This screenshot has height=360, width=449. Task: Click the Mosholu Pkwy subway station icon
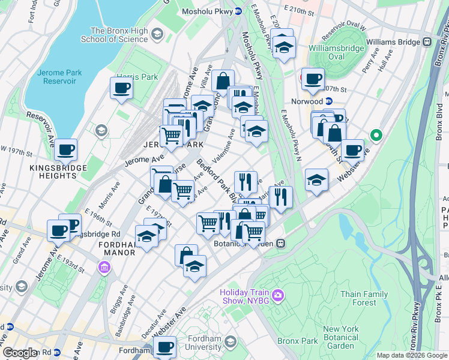pyautogui.click(x=238, y=11)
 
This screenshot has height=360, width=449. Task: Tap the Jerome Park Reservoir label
pyautogui.click(x=58, y=77)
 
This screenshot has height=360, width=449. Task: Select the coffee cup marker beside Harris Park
pyautogui.click(x=121, y=88)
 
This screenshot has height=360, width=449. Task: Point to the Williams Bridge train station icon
pyautogui.click(x=427, y=41)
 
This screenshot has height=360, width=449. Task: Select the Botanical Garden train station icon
pyautogui.click(x=280, y=244)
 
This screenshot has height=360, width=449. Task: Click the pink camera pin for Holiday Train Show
pyautogui.click(x=277, y=295)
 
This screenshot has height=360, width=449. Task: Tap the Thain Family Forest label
pyautogui.click(x=366, y=298)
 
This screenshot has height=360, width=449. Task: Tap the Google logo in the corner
pyautogui.click(x=20, y=353)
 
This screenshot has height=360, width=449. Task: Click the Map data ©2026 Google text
pyautogui.click(x=412, y=355)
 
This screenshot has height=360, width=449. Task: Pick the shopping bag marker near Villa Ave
pyautogui.click(x=222, y=80)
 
